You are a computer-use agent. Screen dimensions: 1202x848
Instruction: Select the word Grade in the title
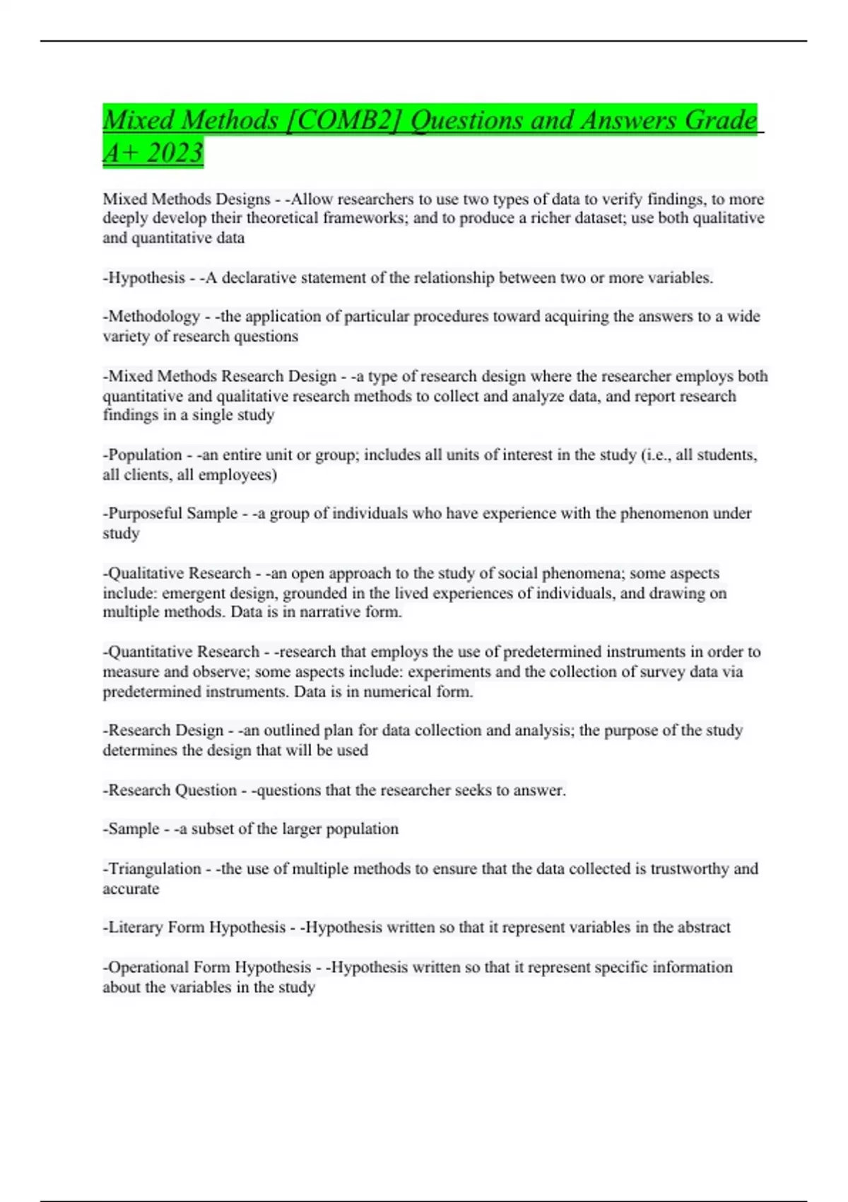[x=720, y=119]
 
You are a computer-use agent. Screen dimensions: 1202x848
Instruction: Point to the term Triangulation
[x=155, y=868]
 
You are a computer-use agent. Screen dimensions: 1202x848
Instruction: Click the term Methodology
[x=154, y=316]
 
